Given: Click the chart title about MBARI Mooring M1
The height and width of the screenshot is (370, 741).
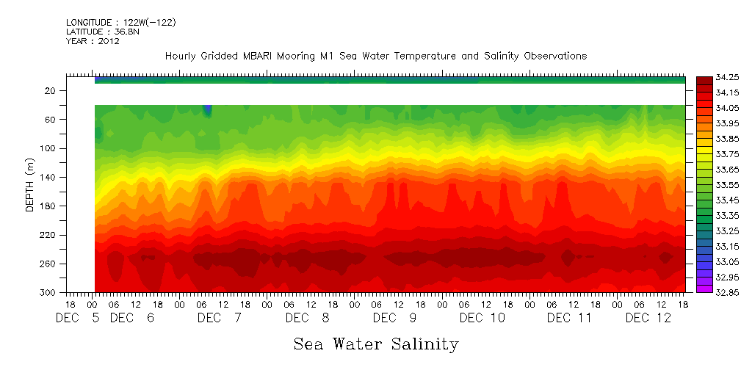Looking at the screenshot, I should pyautogui.click(x=375, y=57).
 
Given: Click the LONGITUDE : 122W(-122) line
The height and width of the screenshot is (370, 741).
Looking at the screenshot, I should pyautogui.click(x=120, y=23).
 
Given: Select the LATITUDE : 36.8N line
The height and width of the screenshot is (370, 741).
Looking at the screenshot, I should pyautogui.click(x=100, y=32).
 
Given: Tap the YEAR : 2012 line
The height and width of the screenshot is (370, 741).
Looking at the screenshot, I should pyautogui.click(x=93, y=42).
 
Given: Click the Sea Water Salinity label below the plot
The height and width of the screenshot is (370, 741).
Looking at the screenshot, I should pyautogui.click(x=376, y=344).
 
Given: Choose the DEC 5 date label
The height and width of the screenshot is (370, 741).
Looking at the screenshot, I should pyautogui.click(x=73, y=318).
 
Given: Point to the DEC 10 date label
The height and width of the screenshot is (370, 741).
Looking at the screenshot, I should pyautogui.click(x=482, y=318).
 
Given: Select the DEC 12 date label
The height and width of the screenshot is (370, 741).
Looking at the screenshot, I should pyautogui.click(x=647, y=318).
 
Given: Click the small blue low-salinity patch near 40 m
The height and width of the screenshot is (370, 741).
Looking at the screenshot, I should pyautogui.click(x=208, y=110).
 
